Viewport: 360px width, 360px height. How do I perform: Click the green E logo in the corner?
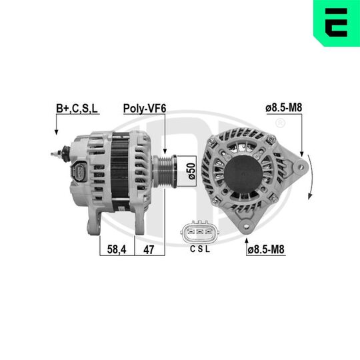[336, 22]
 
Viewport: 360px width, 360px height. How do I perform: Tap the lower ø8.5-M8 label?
[266, 249]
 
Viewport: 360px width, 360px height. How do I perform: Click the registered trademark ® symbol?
[280, 124]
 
